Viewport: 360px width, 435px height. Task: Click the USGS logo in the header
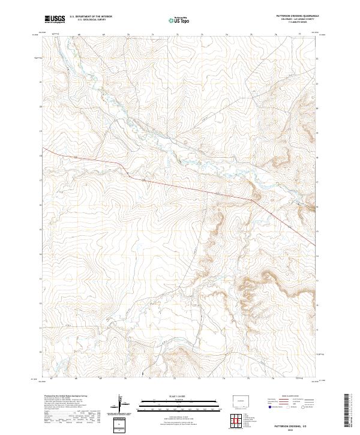point(55,19)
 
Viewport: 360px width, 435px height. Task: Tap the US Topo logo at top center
point(181,19)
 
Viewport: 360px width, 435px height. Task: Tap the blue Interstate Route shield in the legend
point(269,407)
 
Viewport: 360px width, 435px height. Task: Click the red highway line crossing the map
point(180,183)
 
